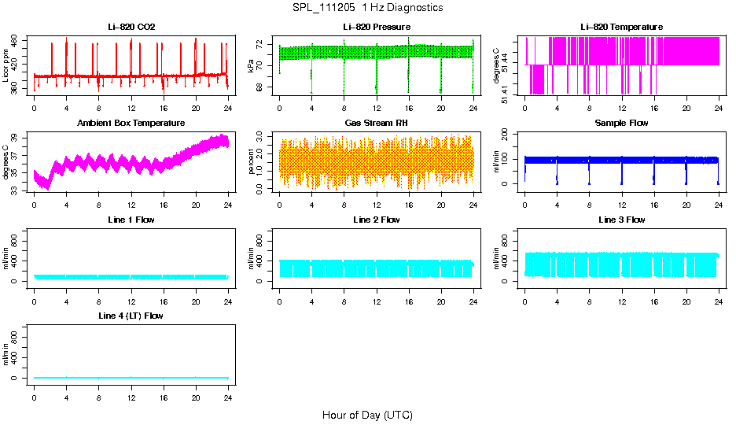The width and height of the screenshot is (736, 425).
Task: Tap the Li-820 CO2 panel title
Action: point(131,28)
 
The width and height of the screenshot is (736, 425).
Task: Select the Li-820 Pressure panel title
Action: point(377,28)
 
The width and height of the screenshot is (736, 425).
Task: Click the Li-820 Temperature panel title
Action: point(621,28)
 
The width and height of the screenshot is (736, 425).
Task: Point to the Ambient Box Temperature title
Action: point(131,124)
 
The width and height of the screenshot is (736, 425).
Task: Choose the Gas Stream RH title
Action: point(377,124)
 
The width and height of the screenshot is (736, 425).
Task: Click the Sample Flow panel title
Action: point(621,124)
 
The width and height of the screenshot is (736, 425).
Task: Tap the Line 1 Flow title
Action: point(131,220)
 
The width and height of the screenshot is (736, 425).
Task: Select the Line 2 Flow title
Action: point(377,220)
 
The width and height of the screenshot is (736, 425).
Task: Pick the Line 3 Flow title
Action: point(621,220)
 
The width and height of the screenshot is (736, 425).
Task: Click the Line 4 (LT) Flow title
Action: point(131,316)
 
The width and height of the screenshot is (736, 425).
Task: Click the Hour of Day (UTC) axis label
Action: point(367,415)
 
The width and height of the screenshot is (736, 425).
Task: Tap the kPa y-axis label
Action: point(252,66)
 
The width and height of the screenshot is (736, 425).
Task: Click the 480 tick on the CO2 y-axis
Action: point(16,39)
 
